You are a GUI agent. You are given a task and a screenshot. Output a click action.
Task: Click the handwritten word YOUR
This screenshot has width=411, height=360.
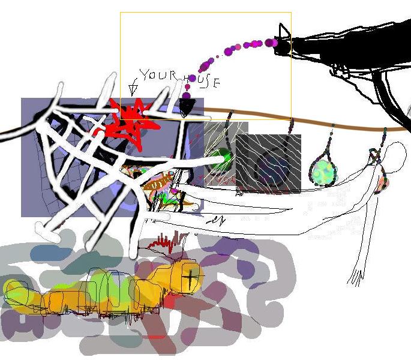click(x=158, y=75)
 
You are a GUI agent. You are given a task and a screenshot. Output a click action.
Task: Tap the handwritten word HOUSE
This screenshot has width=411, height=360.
click(x=202, y=81)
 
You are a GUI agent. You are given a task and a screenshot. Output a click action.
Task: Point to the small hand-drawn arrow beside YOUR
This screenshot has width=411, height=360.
click(x=133, y=88)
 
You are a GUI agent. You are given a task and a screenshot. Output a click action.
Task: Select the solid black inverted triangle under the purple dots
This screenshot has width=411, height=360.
click(x=187, y=107)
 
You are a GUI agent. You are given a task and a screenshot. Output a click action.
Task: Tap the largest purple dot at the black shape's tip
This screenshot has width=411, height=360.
click(x=271, y=43)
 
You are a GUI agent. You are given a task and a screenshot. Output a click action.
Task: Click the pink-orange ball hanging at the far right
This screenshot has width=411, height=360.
click(x=382, y=185)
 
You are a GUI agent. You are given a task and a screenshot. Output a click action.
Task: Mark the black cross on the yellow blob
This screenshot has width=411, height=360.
click(x=191, y=277)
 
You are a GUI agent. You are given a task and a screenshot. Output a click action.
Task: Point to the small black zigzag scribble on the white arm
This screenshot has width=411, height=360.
click(x=215, y=220)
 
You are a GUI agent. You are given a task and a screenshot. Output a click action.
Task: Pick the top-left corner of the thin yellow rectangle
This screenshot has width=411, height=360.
click(x=121, y=13)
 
